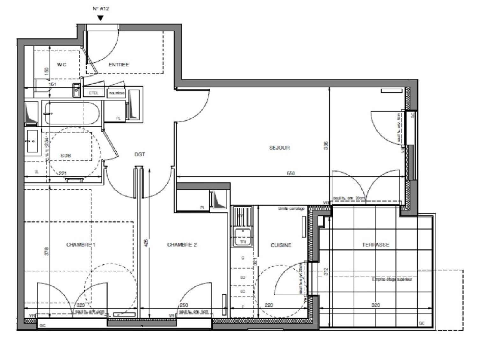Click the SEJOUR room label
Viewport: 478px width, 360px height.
point(279,148)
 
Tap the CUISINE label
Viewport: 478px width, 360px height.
point(281,245)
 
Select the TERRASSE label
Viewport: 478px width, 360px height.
point(375,245)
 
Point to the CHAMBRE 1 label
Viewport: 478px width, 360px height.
point(81,245)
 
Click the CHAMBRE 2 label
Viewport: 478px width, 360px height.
point(182,245)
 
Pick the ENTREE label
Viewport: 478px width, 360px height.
point(119,65)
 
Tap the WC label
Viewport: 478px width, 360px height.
point(62,65)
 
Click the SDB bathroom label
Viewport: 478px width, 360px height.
point(66,156)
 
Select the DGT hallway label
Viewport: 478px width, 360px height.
point(140,154)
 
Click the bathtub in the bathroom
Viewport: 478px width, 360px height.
point(73,113)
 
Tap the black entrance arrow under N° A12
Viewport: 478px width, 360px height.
point(100,18)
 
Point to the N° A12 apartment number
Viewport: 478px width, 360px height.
point(101,9)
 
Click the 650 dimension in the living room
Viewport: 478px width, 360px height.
point(291,173)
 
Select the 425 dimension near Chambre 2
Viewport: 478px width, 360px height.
point(146,243)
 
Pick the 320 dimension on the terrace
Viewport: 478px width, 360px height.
point(376,305)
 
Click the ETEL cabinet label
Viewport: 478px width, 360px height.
point(94,93)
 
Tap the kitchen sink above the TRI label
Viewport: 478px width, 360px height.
point(243,233)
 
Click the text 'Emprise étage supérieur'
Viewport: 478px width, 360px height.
point(392,279)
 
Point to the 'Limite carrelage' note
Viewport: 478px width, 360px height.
point(291,209)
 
